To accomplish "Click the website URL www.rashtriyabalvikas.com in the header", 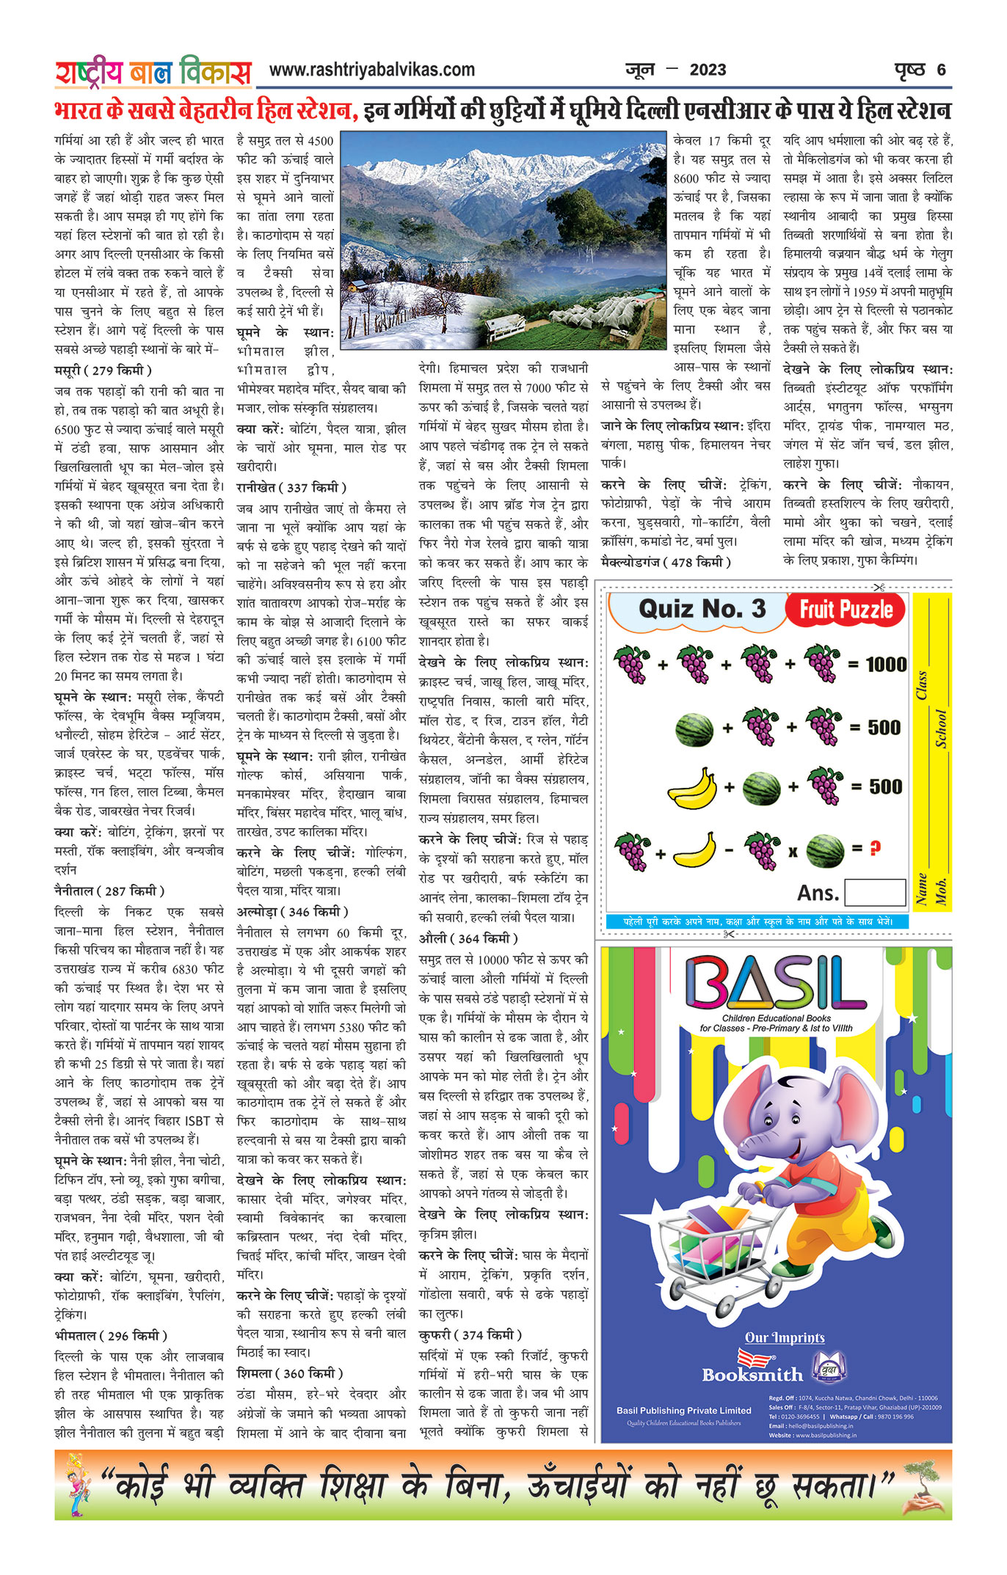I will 372,70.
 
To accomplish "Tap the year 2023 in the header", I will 708,70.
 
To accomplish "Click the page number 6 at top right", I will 941,70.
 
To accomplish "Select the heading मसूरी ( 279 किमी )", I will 103,370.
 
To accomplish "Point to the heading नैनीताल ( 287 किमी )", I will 109,891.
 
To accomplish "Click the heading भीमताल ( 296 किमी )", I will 111,1335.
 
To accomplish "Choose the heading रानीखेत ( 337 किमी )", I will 291,487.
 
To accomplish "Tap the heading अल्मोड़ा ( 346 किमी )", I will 292,912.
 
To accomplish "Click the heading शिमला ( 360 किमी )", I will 290,1373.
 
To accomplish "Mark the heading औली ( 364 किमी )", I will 468,938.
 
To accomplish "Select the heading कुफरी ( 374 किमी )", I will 470,1334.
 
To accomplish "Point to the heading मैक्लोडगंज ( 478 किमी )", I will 666,562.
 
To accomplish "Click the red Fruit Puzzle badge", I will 846,610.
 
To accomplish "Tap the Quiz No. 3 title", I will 702,609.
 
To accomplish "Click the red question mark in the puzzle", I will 875,849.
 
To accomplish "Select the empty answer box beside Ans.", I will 874,892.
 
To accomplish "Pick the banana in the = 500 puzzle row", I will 692,788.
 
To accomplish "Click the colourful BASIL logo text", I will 776,982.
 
